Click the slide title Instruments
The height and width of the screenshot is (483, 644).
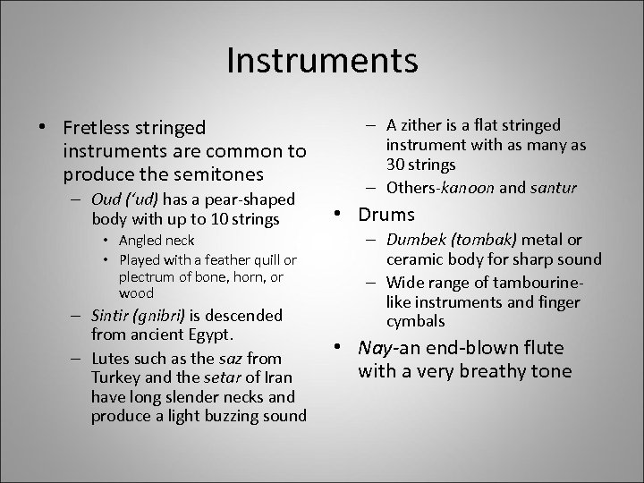(322, 61)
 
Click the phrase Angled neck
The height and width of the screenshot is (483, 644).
(157, 241)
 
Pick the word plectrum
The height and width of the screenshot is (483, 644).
(147, 278)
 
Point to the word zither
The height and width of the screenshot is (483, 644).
(431, 125)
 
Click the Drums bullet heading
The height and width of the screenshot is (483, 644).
(386, 215)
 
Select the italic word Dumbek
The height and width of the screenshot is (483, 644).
(412, 240)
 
